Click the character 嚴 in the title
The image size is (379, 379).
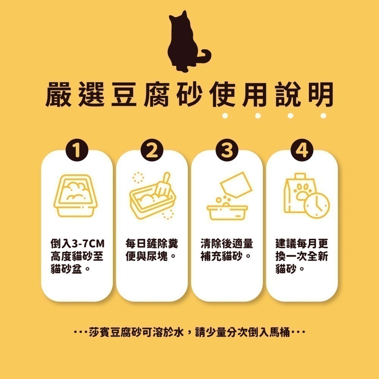[59, 94]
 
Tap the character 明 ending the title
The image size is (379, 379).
[319, 94]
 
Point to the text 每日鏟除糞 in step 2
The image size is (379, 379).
[152, 243]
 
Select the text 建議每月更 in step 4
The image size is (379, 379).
[302, 243]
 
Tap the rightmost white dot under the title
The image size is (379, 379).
[323, 115]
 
